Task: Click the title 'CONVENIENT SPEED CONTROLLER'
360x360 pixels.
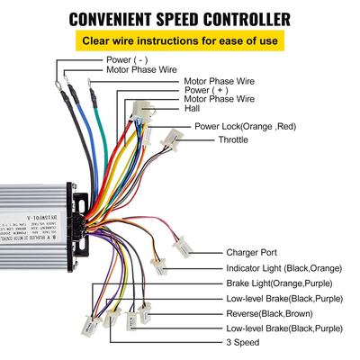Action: click(179, 19)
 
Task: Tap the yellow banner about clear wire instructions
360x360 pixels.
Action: click(179, 40)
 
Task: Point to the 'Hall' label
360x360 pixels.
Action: click(193, 108)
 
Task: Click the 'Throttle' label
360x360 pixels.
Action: click(235, 140)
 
